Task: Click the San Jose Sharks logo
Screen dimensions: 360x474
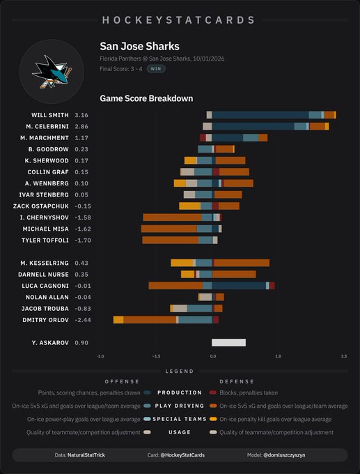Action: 52,72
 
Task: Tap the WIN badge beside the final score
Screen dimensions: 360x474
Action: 156,68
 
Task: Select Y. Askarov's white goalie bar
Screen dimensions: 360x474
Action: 228,342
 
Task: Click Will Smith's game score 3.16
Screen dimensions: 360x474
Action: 81,115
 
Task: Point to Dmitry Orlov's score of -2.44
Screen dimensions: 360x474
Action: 83,320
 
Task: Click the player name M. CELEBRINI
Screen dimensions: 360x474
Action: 47,126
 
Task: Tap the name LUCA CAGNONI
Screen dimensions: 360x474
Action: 45,286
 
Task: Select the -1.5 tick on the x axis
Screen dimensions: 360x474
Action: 156,356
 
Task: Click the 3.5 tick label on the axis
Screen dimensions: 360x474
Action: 344,356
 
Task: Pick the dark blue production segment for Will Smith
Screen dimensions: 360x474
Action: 260,115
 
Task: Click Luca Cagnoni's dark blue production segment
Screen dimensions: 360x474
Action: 239,286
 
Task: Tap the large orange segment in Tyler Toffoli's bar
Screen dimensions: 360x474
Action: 171,240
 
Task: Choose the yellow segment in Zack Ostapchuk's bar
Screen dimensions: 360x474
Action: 189,206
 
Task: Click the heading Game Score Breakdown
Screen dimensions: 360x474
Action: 146,98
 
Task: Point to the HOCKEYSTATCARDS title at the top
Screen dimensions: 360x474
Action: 179,20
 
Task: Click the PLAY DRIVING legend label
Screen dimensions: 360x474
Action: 180,406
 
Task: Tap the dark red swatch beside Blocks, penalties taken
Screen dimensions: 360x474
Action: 213,392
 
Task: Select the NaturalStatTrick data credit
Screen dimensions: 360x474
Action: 86,454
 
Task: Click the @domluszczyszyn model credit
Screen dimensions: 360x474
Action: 284,454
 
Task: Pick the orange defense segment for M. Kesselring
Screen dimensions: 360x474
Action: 242,263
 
